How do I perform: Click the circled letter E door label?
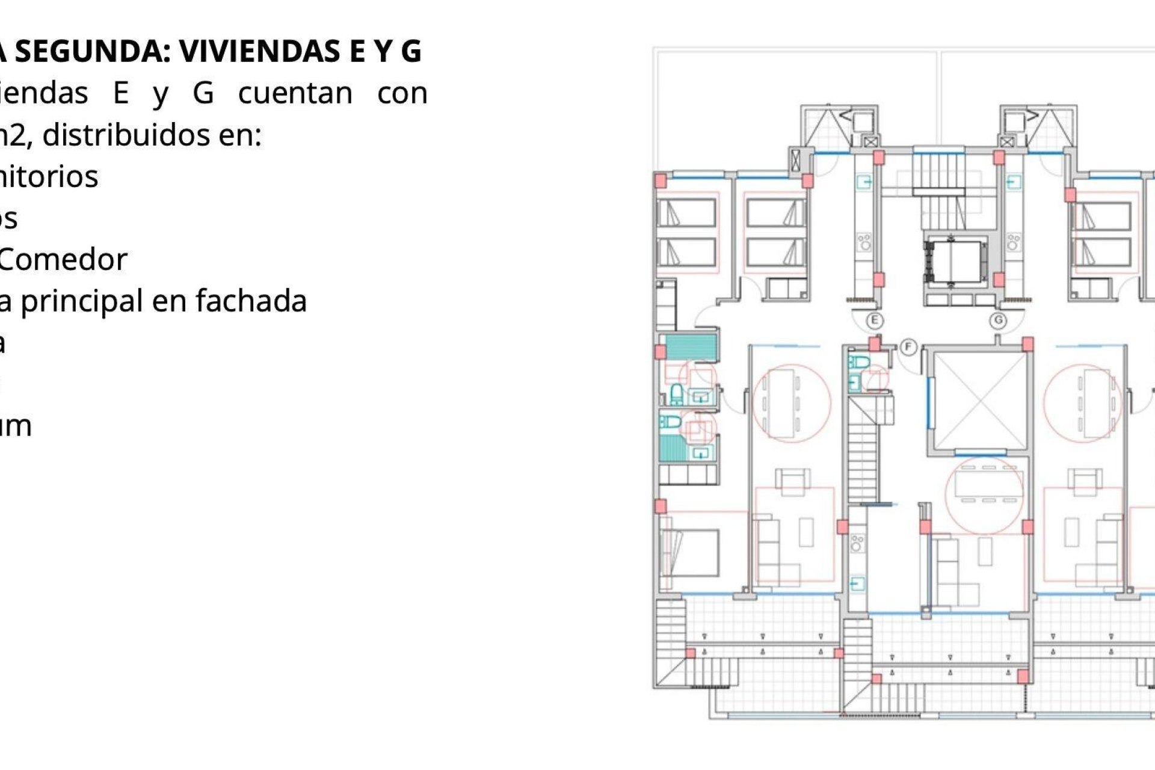tap(875, 321)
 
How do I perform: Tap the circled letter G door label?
tap(999, 321)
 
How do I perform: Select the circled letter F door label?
tap(908, 347)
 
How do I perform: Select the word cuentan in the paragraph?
tap(295, 94)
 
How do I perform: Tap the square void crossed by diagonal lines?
tap(980, 400)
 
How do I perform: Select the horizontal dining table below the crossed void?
tap(984, 483)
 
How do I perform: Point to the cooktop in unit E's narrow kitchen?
tap(864, 242)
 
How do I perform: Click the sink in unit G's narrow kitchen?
tap(1014, 182)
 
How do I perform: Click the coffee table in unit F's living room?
tap(985, 551)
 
